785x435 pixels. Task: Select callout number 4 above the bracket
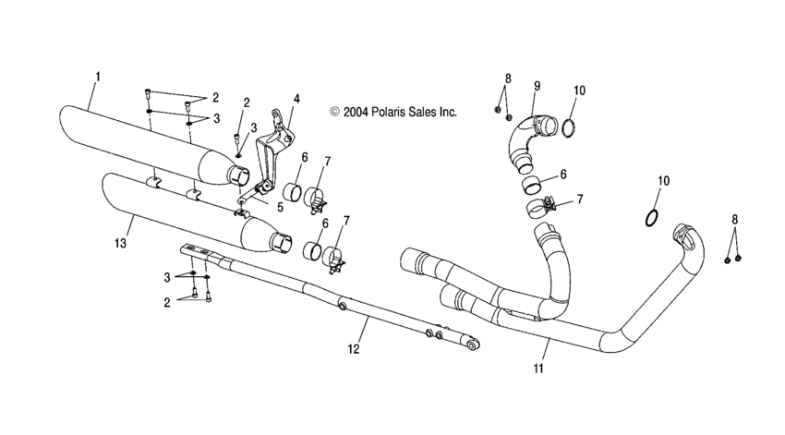coord(296,98)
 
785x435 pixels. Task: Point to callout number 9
coord(536,87)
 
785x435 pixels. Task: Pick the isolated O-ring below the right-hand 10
coord(650,218)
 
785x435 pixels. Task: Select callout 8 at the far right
coord(735,220)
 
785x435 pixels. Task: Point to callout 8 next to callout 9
coord(507,78)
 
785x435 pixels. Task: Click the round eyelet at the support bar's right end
coord(471,344)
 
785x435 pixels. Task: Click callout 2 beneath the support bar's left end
coord(166,301)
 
